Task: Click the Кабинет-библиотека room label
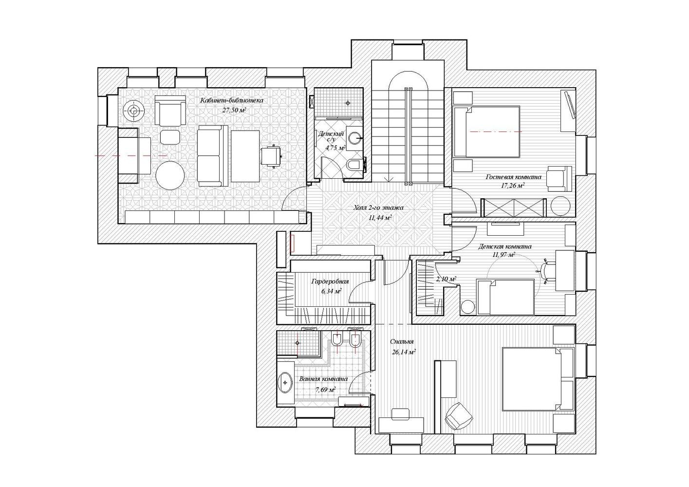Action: click(x=232, y=101)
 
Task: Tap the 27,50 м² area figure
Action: click(x=234, y=110)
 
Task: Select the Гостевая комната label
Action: click(x=513, y=177)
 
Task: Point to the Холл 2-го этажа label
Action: click(x=379, y=208)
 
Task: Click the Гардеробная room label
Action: click(x=330, y=281)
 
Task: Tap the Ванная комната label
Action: click(x=324, y=379)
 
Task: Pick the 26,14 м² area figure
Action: click(x=404, y=352)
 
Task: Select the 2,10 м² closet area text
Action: click(x=446, y=279)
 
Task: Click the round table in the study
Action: click(x=170, y=175)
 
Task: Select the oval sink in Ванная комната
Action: click(x=286, y=383)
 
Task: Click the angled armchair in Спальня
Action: click(x=459, y=416)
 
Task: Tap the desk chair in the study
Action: click(x=272, y=156)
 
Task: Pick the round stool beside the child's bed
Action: click(x=468, y=307)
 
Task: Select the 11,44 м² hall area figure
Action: click(x=380, y=218)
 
